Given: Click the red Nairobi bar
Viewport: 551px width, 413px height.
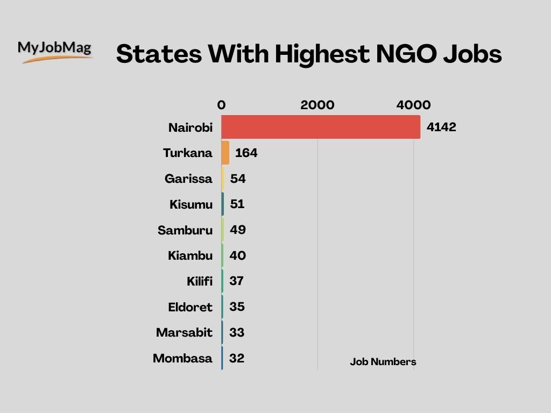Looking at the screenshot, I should (321, 127).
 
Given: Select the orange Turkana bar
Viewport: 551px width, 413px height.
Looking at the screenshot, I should (225, 153).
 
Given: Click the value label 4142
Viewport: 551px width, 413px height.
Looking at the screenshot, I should (441, 127).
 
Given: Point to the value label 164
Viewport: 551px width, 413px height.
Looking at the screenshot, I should (246, 153).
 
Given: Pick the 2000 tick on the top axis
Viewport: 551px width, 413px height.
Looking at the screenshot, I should (317, 105).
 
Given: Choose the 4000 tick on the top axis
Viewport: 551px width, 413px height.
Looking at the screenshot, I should (413, 105).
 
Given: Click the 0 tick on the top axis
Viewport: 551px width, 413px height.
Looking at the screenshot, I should (221, 105).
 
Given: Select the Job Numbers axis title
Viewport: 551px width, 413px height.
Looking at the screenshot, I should (383, 362).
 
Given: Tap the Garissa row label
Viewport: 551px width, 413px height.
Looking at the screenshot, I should (188, 179).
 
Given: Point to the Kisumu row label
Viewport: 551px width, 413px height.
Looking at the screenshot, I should (191, 204).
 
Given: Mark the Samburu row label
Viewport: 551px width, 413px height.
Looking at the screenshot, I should (185, 231).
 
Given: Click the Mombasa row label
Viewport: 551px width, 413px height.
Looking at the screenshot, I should (182, 358).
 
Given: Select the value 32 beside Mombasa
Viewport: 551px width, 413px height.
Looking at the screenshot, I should (237, 358).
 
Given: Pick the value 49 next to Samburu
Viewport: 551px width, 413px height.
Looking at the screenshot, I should (238, 230).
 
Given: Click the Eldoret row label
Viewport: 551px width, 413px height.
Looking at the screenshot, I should (190, 308).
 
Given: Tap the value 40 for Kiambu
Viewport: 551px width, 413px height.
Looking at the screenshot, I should (238, 256).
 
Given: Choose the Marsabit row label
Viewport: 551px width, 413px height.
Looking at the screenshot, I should (184, 333).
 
